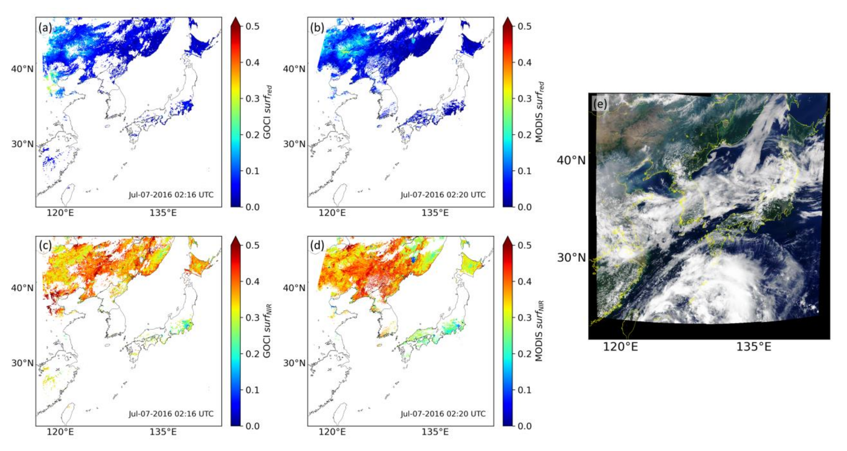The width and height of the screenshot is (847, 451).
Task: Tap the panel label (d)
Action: (317, 245)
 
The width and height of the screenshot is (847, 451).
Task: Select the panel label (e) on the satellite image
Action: (600, 104)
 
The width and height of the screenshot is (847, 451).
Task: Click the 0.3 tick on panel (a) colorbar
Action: (252, 99)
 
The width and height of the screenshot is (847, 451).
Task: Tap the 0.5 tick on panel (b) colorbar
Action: (524, 26)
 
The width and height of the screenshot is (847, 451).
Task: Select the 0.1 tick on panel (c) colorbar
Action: (252, 390)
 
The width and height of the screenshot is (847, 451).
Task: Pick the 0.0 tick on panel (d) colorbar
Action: (524, 426)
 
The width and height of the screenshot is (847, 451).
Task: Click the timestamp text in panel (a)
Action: (171, 195)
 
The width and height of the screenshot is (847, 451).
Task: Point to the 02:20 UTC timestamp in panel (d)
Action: (443, 414)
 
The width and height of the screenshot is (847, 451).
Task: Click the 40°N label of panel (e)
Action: (571, 160)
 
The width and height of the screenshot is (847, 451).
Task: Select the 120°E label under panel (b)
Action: (332, 213)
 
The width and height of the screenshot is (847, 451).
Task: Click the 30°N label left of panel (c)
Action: (22, 363)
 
